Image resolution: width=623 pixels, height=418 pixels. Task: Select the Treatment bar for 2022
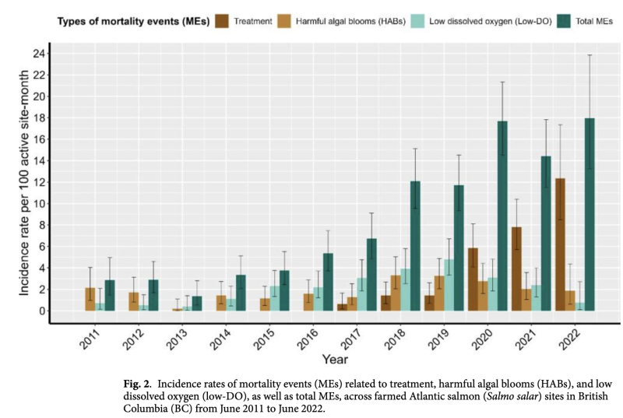click(559, 244)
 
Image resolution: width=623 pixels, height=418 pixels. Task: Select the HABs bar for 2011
click(90, 299)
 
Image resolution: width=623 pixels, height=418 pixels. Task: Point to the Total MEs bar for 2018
click(416, 246)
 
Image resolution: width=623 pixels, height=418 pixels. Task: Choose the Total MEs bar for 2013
click(197, 304)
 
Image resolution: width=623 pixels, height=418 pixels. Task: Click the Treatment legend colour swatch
click(224, 22)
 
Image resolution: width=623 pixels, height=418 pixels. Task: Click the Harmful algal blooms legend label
click(343, 22)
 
